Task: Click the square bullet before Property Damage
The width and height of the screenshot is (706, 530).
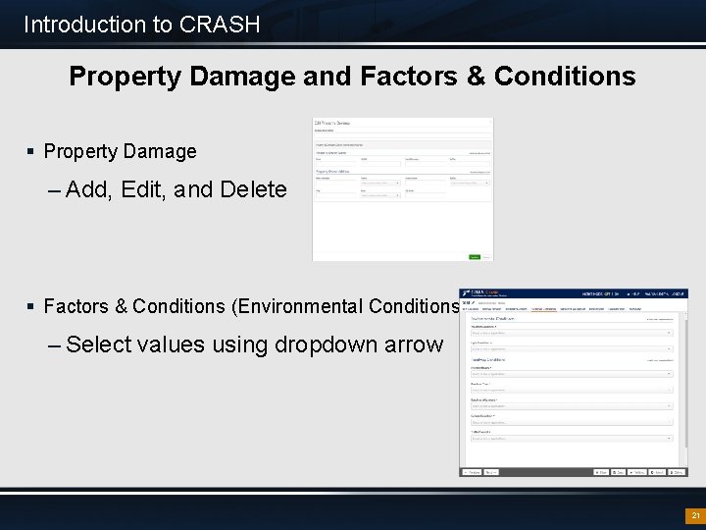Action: tap(31, 151)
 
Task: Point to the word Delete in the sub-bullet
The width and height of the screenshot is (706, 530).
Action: tap(254, 189)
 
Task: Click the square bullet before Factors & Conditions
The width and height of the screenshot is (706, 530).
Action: tap(31, 307)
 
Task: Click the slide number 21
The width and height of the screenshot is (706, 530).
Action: tap(695, 515)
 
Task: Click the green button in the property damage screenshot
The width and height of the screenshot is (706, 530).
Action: tap(475, 256)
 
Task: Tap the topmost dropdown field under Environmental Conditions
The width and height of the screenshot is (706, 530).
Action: tap(572, 333)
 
